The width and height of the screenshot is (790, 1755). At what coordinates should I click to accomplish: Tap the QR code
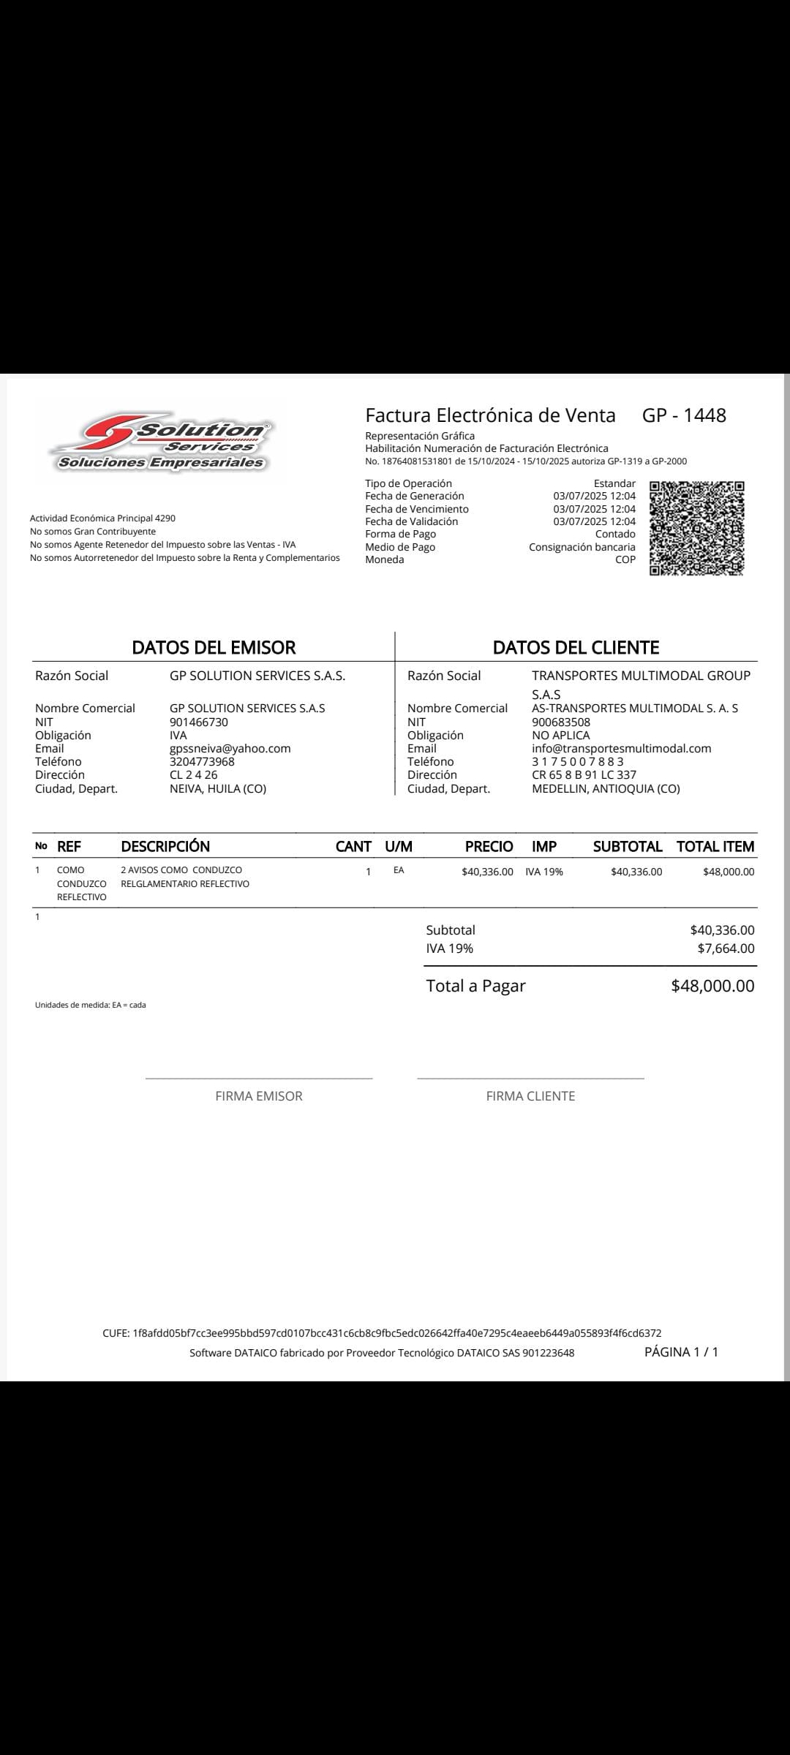point(696,528)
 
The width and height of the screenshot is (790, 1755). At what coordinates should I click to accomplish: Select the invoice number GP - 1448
point(684,415)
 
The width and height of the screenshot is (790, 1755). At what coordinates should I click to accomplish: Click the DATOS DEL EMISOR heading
point(214,647)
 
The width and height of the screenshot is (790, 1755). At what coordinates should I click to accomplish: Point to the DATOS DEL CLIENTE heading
point(576,647)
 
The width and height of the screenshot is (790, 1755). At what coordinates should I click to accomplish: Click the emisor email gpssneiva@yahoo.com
point(230,748)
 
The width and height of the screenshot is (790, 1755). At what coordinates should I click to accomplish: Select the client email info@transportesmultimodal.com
point(621,748)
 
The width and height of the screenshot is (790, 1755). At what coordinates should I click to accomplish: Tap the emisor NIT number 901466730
point(199,722)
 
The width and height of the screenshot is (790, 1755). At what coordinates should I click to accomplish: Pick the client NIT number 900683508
point(561,722)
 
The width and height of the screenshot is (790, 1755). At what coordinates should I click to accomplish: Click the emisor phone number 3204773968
point(202,761)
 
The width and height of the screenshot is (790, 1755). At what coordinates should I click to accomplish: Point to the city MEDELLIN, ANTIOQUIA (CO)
point(606,788)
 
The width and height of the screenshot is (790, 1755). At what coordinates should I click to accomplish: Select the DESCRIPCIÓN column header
point(165,846)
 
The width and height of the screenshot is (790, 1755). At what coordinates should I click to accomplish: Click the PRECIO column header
point(489,846)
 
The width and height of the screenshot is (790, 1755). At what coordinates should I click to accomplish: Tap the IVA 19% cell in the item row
point(544,872)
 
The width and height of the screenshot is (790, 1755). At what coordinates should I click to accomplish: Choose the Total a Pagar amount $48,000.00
point(712,986)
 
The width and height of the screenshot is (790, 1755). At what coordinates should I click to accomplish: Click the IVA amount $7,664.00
point(726,948)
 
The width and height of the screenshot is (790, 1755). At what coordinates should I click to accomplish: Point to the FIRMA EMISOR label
point(259,1095)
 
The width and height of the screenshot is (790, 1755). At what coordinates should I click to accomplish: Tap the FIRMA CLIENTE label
point(530,1095)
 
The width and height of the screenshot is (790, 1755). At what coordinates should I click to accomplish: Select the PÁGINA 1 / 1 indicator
point(681,1352)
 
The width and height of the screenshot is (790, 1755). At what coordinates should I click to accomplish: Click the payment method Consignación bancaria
point(582,547)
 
